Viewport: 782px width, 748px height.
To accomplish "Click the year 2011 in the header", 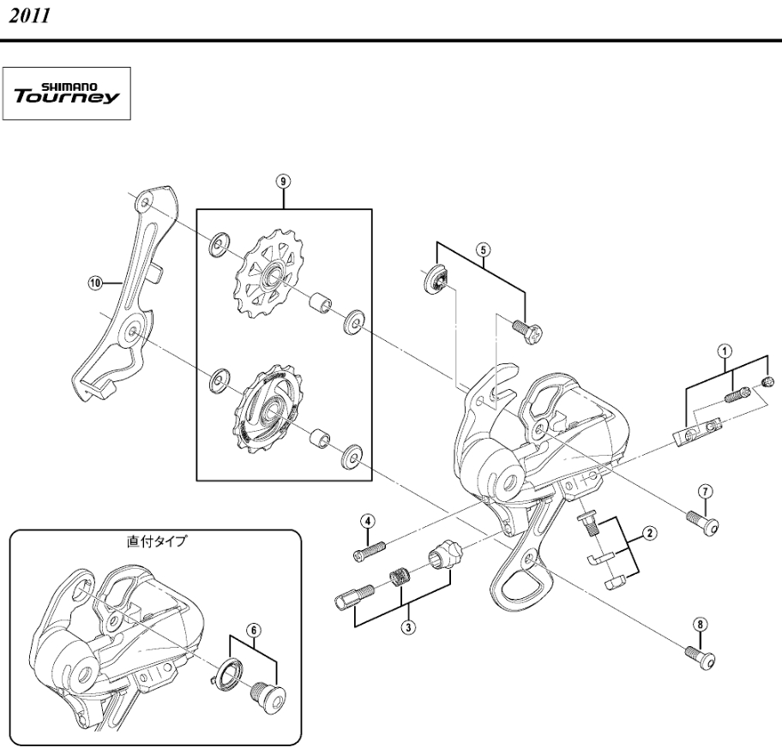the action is tap(29, 16).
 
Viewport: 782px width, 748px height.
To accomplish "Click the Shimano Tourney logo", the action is tap(67, 93).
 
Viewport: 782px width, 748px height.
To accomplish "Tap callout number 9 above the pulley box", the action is tap(283, 182).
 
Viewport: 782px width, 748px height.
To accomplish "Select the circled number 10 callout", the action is tap(95, 284).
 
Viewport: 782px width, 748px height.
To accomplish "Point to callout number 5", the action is tap(483, 249).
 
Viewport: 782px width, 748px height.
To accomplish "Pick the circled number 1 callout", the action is tap(725, 350).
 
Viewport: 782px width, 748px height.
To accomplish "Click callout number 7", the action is tap(705, 491).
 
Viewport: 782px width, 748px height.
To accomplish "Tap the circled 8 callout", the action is tap(700, 625).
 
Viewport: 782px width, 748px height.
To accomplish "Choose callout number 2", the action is tap(649, 534).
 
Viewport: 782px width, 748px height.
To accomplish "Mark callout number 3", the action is tap(408, 627).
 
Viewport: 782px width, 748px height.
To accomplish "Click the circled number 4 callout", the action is tap(368, 521).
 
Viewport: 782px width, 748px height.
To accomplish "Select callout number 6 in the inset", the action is tap(253, 631).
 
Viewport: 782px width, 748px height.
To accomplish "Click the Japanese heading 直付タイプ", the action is tap(157, 542).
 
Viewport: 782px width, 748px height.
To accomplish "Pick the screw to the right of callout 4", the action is tap(370, 552).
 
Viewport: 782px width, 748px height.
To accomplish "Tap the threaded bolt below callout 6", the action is tap(269, 692).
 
